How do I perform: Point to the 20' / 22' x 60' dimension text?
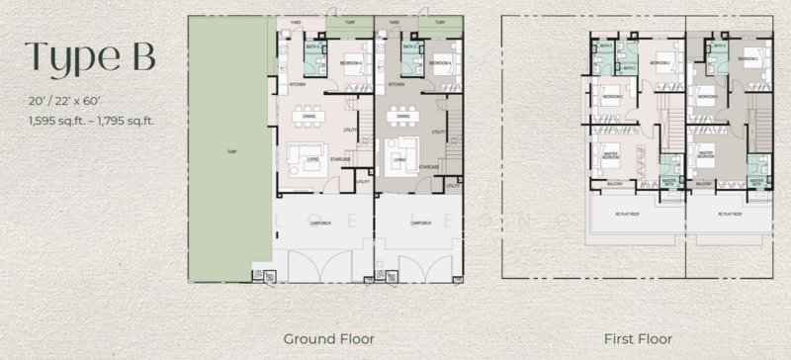click(63, 102)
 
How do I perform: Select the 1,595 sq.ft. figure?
click(54, 120)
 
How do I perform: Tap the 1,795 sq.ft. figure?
click(132, 120)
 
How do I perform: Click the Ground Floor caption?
click(329, 338)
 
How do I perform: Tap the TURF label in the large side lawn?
click(230, 152)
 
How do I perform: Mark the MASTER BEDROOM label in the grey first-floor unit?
click(706, 155)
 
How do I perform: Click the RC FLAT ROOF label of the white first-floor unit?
click(632, 212)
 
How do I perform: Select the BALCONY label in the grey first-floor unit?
click(704, 184)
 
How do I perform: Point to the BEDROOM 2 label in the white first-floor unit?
click(661, 62)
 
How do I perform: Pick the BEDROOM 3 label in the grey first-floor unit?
click(706, 98)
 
